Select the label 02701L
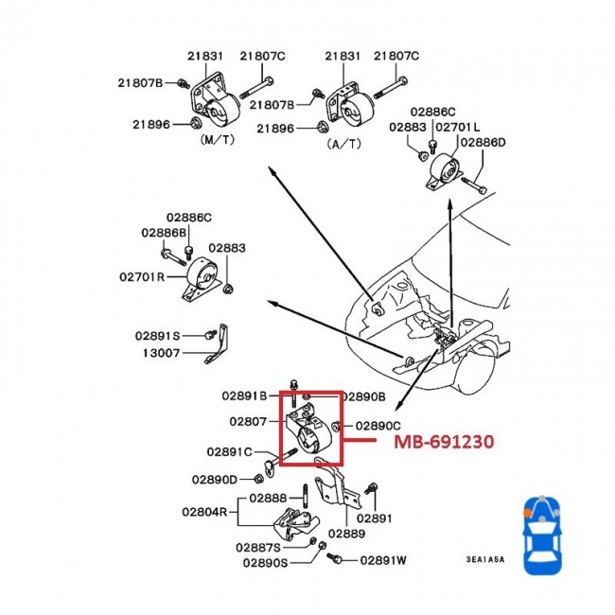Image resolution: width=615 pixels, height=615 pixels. [463, 126]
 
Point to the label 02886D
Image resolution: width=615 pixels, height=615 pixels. [483, 142]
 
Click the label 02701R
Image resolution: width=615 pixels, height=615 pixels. [143, 277]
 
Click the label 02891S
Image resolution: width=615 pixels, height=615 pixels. [157, 335]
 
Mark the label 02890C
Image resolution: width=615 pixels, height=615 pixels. [378, 426]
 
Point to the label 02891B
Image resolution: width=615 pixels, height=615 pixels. [247, 395]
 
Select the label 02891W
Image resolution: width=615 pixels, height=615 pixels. [383, 560]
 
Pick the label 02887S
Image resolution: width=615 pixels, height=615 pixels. [256, 547]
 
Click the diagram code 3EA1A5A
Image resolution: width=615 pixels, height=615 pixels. [484, 560]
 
